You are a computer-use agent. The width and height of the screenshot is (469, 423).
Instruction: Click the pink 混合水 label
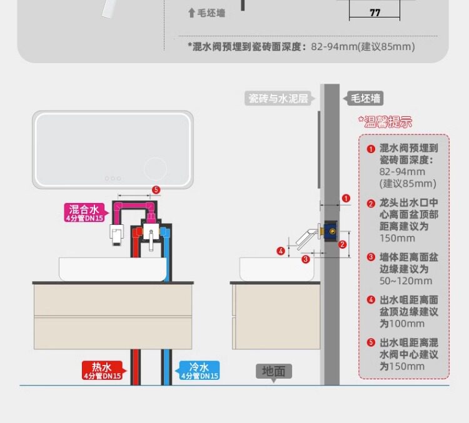tap(84, 212)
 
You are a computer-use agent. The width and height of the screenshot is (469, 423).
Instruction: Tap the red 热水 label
tap(101, 370)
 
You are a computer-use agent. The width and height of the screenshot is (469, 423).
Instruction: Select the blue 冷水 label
tap(199, 370)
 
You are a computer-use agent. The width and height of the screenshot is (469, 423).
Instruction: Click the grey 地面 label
tap(273, 371)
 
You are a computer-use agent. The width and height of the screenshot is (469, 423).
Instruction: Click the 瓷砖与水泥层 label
tap(278, 98)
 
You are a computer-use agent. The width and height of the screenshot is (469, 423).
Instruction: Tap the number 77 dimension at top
tap(375, 12)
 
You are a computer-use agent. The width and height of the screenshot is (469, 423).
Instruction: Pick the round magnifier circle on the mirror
tap(154, 169)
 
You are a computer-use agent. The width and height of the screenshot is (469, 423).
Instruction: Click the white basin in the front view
tap(113, 269)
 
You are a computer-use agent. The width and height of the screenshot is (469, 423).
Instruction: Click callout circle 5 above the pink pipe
tap(156, 189)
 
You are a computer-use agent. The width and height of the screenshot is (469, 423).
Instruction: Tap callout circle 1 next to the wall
tap(346, 199)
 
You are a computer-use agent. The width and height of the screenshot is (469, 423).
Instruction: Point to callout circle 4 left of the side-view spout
tap(281, 251)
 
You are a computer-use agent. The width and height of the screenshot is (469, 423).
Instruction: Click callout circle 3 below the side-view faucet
tap(306, 258)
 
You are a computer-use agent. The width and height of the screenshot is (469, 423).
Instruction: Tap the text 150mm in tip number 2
tap(397, 238)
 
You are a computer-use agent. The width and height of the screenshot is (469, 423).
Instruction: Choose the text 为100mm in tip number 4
tap(401, 324)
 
